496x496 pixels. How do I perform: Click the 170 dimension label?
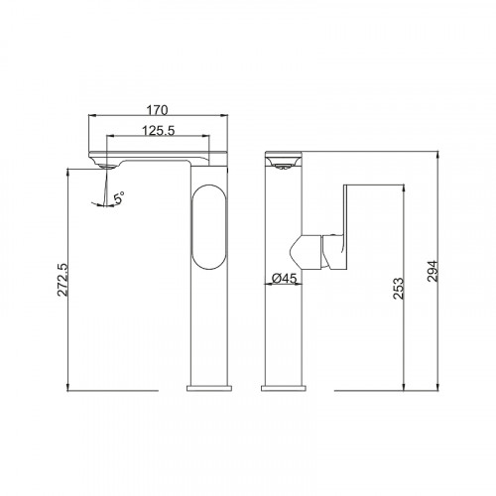tap(158, 110)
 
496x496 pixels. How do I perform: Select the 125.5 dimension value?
tap(158, 131)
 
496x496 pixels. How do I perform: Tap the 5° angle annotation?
tap(119, 197)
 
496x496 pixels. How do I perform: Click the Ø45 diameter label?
tap(284, 279)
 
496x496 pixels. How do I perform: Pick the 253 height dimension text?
tap(399, 289)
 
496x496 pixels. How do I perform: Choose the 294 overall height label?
tap(432, 271)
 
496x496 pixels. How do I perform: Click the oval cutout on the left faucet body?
tap(209, 226)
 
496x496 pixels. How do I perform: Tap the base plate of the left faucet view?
tap(209, 388)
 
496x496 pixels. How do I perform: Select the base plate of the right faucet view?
tap(284, 388)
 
